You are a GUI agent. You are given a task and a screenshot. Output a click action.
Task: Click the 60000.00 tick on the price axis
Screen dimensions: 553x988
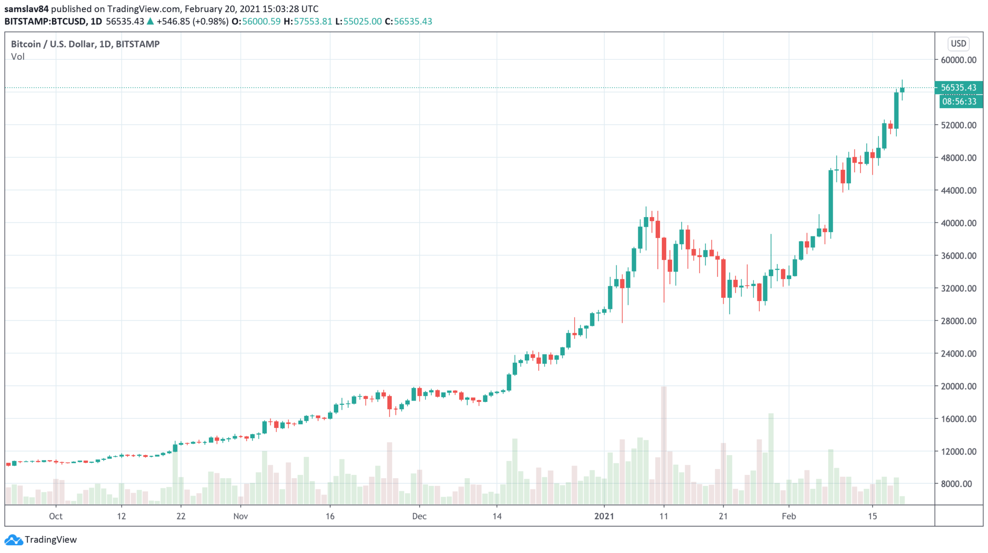(958, 60)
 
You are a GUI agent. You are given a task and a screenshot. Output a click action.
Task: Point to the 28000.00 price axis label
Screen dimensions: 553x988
(958, 321)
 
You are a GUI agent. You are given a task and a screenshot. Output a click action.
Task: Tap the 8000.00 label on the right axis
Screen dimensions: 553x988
(958, 484)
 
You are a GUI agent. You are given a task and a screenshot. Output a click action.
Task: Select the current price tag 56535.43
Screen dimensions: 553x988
(959, 87)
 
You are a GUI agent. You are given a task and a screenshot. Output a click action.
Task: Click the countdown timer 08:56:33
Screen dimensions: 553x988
(959, 101)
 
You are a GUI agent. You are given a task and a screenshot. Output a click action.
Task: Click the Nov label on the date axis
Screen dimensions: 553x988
(240, 516)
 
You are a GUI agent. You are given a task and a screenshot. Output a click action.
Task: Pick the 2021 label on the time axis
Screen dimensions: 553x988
(604, 516)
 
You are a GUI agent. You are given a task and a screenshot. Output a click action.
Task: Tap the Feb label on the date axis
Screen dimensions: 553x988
(789, 516)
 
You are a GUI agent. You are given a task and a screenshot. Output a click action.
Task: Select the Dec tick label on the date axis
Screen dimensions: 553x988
(419, 516)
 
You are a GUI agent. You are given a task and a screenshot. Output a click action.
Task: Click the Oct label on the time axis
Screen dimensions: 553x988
(55, 516)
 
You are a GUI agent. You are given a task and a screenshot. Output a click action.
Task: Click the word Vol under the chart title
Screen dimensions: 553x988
(18, 56)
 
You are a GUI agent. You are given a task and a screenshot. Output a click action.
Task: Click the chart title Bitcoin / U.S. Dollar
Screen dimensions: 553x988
(53, 44)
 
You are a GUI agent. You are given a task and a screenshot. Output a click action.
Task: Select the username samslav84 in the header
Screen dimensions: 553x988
(27, 9)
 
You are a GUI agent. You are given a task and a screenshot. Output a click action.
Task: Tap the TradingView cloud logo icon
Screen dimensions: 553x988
(13, 539)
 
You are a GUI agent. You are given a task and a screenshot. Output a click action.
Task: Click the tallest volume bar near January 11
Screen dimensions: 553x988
(664, 444)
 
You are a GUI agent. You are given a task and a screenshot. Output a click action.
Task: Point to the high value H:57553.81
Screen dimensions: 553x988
(308, 21)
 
